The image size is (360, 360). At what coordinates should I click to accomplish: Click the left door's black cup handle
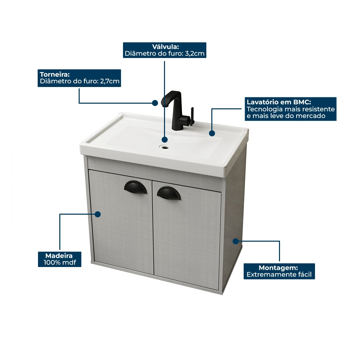[x=135, y=187]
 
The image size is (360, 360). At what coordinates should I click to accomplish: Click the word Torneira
[x=55, y=74]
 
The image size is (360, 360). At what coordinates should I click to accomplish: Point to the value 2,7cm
[x=110, y=81]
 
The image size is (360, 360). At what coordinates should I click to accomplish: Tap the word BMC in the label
[x=302, y=102]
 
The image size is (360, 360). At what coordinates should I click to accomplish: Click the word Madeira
[x=59, y=256]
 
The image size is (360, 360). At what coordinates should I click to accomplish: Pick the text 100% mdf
[x=60, y=263]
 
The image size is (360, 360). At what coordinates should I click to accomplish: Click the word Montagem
[x=278, y=268]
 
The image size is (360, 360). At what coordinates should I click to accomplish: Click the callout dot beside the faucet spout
[x=155, y=103]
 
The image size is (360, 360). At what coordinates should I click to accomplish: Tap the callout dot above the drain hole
[x=165, y=139]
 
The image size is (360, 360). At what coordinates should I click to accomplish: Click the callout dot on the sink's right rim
[x=212, y=133]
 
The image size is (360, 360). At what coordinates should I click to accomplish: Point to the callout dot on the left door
[x=98, y=214]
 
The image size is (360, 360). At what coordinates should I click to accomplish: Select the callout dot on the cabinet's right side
[x=236, y=241]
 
